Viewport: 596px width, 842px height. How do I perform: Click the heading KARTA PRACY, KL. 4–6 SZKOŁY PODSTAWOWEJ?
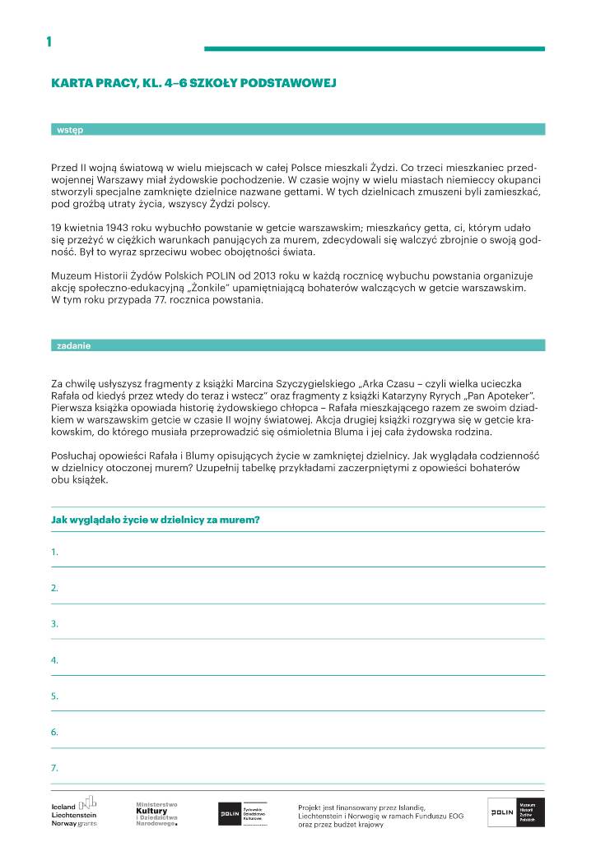(x=193, y=83)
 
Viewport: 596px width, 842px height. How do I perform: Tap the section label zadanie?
(x=73, y=346)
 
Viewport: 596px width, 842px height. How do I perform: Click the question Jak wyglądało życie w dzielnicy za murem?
(x=156, y=520)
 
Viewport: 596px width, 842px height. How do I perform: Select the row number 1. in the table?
(x=54, y=553)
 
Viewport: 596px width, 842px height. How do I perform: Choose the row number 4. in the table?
(x=54, y=660)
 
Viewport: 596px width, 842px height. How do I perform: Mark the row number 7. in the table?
(x=54, y=768)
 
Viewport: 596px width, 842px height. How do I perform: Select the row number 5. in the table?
(x=54, y=696)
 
